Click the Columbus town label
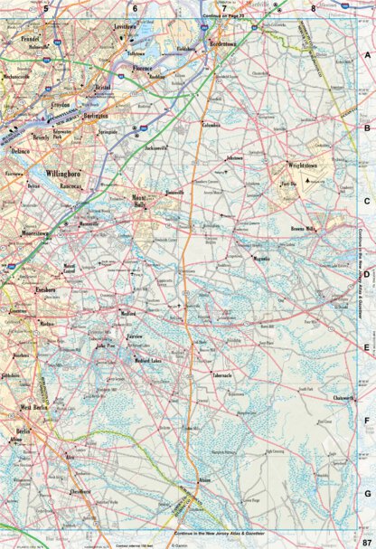211,124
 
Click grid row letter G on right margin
367,491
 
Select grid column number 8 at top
313,8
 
